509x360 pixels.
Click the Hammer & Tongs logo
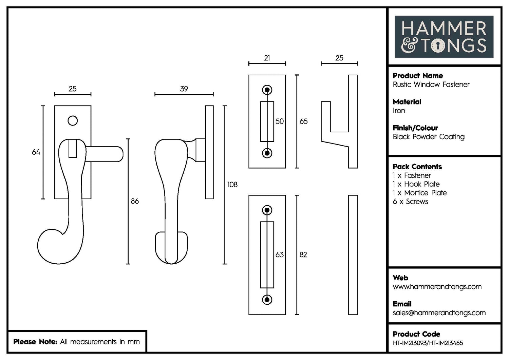[444, 37]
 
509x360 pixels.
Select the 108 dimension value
[232, 185]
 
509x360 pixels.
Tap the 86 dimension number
[135, 201]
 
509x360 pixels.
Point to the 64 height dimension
[36, 152]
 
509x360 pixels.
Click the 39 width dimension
[184, 89]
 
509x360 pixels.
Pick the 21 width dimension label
[267, 58]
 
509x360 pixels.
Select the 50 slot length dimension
[280, 121]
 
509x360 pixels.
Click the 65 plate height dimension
[303, 121]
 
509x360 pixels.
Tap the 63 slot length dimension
[280, 255]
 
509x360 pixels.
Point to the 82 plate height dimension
[303, 255]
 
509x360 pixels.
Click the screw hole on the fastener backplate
[73, 121]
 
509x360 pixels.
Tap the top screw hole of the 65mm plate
[267, 90]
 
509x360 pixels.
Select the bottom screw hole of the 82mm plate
[267, 300]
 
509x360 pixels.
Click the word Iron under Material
[399, 111]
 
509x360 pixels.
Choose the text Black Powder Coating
[429, 137]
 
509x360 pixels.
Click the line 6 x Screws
[410, 202]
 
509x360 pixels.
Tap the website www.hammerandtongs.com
[437, 287]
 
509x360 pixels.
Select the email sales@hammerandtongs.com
[439, 313]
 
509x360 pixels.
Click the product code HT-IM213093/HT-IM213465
[428, 343]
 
